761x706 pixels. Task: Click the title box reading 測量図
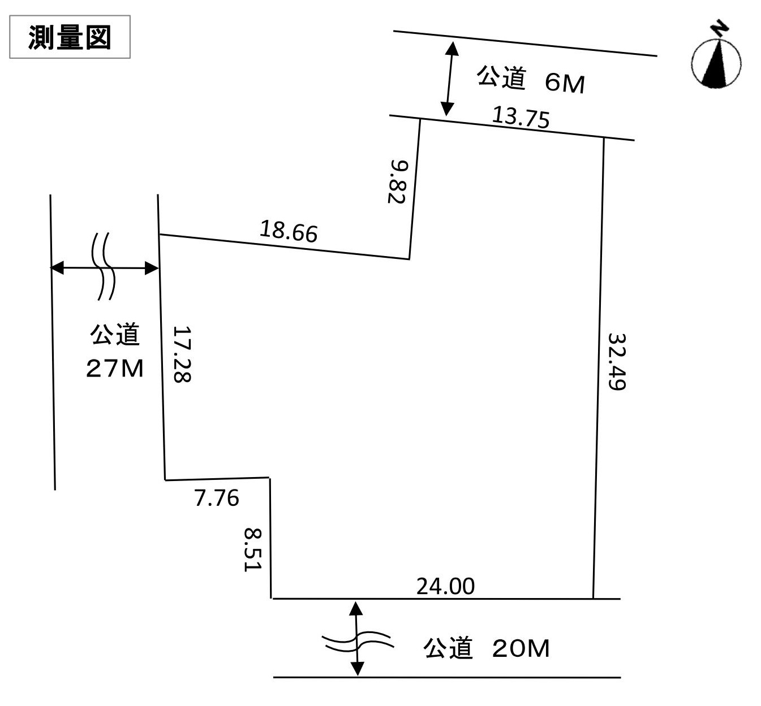[x=70, y=37]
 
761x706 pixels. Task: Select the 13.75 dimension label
[x=521, y=117]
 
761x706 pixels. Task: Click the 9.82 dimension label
[x=398, y=181]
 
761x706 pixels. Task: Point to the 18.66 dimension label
[x=289, y=231]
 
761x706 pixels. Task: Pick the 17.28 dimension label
[x=182, y=354]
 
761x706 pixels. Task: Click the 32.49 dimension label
[x=617, y=362]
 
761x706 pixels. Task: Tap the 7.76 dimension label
[x=217, y=498]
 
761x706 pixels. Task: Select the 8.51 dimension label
[x=252, y=550]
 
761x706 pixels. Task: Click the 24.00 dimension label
[x=445, y=586]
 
